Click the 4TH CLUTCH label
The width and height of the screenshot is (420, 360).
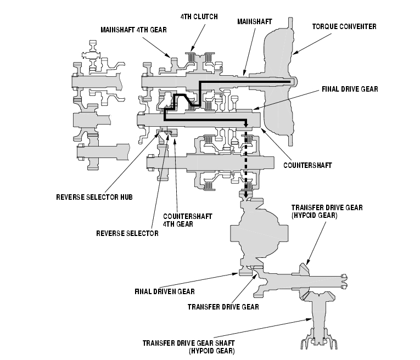tap(199, 17)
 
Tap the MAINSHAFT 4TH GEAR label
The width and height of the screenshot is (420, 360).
tap(133, 30)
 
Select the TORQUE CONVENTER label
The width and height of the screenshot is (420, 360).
tap(344, 26)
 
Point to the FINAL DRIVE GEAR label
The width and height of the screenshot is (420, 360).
tap(350, 89)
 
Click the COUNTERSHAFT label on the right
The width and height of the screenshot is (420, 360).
tap(307, 165)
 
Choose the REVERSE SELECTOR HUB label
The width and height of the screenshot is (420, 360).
tap(94, 197)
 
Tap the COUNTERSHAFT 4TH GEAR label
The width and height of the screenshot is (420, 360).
tap(188, 220)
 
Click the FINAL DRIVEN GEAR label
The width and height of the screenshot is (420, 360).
tap(165, 291)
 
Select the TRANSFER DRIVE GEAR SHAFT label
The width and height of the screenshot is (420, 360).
tap(188, 343)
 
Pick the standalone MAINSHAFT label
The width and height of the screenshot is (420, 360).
tap(254, 22)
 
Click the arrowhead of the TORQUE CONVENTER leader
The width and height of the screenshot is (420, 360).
tap(295, 53)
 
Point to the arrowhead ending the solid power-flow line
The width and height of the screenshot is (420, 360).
tap(246, 124)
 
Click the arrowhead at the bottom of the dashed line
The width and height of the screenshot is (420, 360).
tap(246, 195)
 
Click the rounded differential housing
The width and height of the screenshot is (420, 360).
tap(259, 232)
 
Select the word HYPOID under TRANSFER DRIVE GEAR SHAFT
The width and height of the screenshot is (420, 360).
tap(204, 351)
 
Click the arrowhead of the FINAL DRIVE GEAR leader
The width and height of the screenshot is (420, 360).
tap(255, 108)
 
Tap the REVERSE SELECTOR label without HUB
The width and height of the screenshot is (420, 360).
tap(127, 233)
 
